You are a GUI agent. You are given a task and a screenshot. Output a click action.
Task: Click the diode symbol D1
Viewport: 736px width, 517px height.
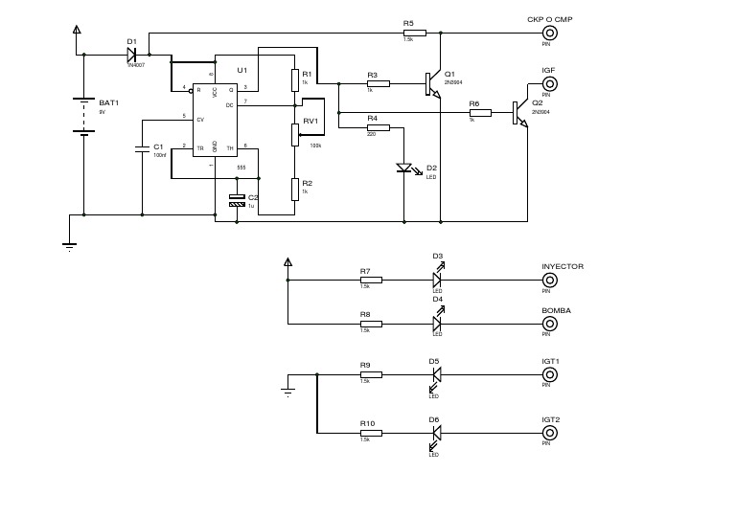click(x=133, y=54)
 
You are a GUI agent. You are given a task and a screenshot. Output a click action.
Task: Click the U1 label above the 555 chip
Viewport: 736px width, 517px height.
click(x=241, y=71)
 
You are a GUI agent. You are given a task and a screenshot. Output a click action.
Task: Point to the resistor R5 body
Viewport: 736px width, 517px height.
click(x=409, y=32)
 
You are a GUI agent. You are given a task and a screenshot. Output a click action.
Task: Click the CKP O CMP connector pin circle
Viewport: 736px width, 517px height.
click(x=550, y=32)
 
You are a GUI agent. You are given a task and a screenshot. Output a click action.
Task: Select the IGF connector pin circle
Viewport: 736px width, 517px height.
click(x=550, y=83)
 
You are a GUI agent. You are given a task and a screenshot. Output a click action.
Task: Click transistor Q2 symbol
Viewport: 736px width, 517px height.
click(x=520, y=113)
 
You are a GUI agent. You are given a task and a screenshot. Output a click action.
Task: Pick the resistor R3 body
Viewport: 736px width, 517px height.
click(x=378, y=83)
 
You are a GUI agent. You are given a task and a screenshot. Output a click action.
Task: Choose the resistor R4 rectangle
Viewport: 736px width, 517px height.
click(x=378, y=126)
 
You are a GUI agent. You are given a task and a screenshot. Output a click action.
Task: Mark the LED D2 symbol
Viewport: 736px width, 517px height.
click(x=403, y=169)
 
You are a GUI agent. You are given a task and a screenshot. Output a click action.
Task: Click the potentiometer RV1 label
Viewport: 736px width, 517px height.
click(x=310, y=122)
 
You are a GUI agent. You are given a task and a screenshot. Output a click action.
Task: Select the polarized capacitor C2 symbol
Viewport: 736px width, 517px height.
click(x=238, y=200)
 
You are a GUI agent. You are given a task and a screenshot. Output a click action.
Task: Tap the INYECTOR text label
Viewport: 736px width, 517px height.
click(x=563, y=266)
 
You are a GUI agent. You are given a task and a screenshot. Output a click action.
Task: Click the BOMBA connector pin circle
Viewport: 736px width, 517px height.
click(x=550, y=324)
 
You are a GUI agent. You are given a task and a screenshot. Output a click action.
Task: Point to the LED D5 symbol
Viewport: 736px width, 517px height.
click(x=436, y=380)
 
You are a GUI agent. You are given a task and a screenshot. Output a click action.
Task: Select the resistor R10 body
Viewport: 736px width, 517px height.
click(x=370, y=433)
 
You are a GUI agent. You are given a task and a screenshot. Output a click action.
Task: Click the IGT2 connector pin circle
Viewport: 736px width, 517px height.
click(x=550, y=433)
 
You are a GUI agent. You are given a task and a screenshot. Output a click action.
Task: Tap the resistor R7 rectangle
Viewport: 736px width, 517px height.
click(x=370, y=281)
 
